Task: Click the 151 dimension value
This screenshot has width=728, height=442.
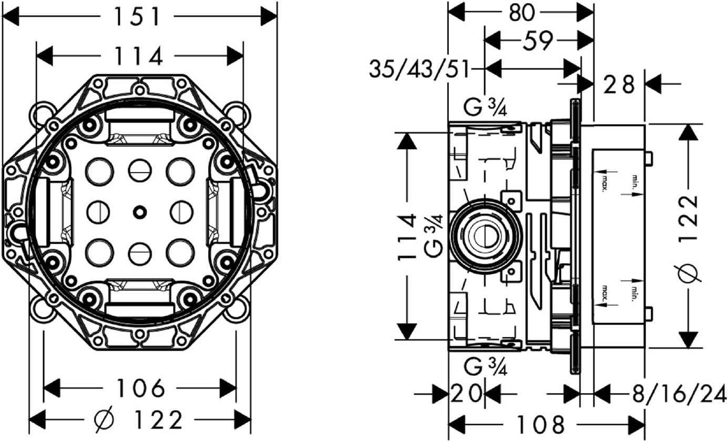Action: (138, 17)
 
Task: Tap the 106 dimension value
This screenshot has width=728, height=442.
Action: (140, 388)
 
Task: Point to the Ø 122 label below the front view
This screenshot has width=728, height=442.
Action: (138, 419)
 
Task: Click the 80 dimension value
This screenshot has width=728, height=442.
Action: (521, 13)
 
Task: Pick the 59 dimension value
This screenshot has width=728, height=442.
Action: (538, 41)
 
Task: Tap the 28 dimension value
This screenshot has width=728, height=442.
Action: (619, 85)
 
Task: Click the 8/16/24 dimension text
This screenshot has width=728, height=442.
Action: (679, 394)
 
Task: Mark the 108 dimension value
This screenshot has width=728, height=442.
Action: (540, 425)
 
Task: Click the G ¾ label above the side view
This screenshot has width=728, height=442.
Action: (486, 109)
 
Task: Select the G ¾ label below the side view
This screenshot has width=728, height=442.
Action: (486, 367)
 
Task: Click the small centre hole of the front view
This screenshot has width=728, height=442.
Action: (139, 212)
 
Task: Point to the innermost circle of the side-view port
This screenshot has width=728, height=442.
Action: (485, 236)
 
